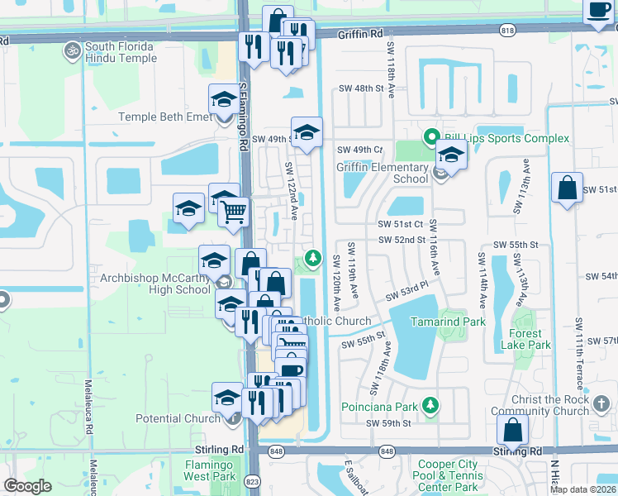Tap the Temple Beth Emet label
(165, 117)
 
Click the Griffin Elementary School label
(383, 172)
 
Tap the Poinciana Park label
(381, 407)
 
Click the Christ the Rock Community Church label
(549, 405)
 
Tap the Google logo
(27, 486)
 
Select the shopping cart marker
(235, 211)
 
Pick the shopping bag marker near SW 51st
(568, 187)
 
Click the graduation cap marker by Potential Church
(227, 398)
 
